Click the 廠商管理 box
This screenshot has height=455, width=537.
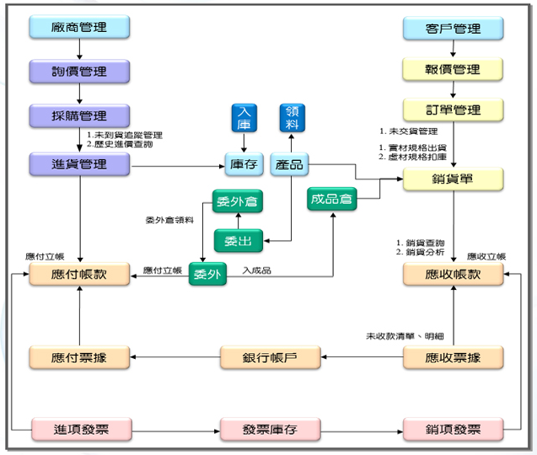(79, 27)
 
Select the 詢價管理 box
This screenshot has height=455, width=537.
(79, 72)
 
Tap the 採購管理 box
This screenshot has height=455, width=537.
(79, 115)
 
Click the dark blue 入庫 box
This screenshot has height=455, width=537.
(244, 118)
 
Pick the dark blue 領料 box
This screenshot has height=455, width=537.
(293, 118)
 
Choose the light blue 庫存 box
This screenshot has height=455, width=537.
(244, 164)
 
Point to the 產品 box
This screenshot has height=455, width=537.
(289, 164)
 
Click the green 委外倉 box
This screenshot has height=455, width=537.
(238, 201)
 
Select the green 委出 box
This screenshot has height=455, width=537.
(239, 241)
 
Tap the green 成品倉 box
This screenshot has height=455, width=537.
(332, 199)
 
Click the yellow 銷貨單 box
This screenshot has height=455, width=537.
(453, 179)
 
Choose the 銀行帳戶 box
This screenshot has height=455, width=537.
(271, 357)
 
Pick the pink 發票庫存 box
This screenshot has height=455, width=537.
(271, 429)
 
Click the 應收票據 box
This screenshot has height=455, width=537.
(453, 357)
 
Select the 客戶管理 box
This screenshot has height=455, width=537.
(453, 28)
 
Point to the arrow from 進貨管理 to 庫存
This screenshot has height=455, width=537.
(178, 166)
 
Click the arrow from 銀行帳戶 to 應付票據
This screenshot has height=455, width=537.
(175, 357)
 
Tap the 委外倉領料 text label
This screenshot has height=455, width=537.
(169, 220)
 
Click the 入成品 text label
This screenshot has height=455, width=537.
(257, 270)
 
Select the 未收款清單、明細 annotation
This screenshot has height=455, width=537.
(405, 336)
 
